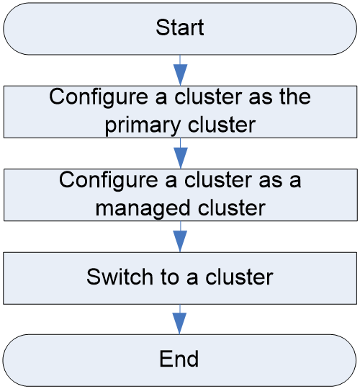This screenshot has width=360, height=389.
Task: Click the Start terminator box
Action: (180, 29)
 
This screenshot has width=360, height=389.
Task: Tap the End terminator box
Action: (179, 360)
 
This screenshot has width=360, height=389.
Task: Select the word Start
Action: (180, 27)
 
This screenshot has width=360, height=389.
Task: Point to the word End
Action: (179, 359)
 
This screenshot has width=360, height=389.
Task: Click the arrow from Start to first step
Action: (180, 71)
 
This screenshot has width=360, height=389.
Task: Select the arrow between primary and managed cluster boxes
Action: (181, 153)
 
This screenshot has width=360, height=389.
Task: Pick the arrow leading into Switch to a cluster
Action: (180, 236)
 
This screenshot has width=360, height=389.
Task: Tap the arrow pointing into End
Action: (179, 319)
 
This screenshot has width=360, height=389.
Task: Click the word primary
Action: (143, 125)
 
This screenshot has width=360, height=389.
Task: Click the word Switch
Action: (120, 277)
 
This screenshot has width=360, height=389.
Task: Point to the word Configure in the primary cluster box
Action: (99, 97)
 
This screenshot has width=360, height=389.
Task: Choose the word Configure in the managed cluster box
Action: (108, 181)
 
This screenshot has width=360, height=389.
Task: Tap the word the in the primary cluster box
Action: (295, 97)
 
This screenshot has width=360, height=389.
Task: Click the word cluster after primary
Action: (222, 125)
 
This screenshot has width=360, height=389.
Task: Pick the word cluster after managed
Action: (232, 207)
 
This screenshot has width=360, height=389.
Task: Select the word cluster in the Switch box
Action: (239, 277)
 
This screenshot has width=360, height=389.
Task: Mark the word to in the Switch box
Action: (170, 277)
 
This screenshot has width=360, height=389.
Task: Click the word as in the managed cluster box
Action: (270, 182)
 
